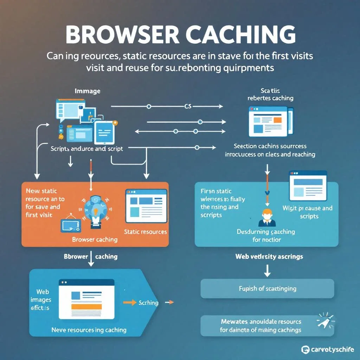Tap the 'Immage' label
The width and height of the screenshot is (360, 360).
pyautogui.click(x=88, y=91)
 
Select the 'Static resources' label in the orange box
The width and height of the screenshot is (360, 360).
pyautogui.click(x=146, y=232)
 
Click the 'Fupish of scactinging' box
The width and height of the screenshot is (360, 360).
pyautogui.click(x=267, y=289)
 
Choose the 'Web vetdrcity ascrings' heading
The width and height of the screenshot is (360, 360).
pyautogui.click(x=269, y=257)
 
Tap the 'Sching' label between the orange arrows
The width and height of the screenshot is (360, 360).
pyautogui.click(x=148, y=303)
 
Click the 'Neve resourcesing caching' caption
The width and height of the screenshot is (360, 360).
pyautogui.click(x=89, y=330)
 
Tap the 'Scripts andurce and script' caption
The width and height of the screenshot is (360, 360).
pyautogui.click(x=87, y=149)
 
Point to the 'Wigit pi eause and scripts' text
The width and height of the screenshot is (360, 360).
pyautogui.click(x=307, y=212)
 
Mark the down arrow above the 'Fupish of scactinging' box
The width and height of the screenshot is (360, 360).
pyautogui.click(x=267, y=270)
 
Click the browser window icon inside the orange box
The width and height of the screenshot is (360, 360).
pyautogui.click(x=146, y=206)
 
